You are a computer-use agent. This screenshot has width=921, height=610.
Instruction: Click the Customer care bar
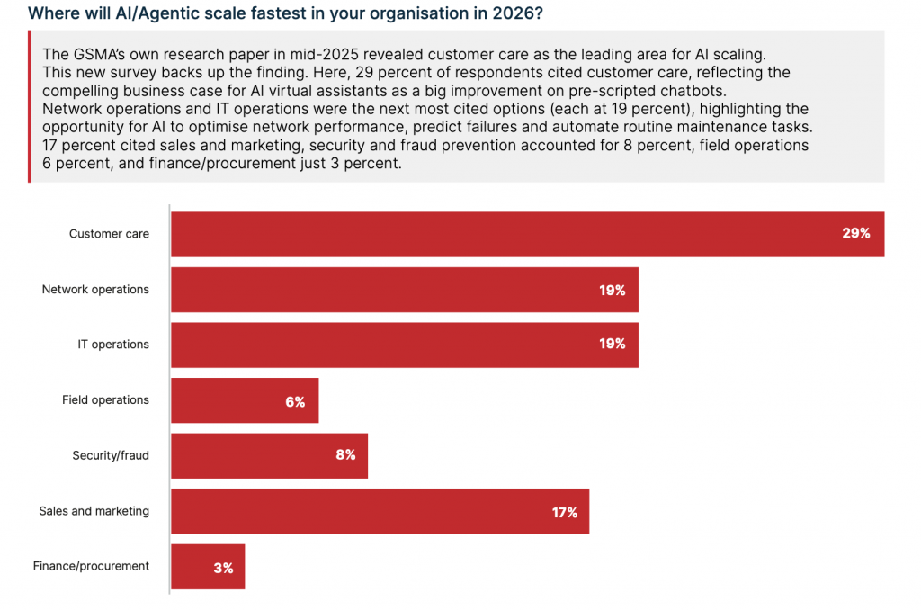(527, 234)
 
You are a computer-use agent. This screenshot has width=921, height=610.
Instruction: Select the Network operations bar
(404, 290)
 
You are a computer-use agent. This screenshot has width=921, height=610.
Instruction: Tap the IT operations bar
(404, 345)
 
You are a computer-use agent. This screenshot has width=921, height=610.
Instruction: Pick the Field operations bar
(244, 400)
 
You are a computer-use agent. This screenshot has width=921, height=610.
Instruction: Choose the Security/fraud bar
(269, 455)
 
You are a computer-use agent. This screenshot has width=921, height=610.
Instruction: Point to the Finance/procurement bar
(207, 567)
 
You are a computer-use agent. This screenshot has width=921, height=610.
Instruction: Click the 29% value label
(855, 234)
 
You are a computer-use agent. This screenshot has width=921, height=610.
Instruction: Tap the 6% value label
(295, 402)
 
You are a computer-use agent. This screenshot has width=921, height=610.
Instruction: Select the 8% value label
(345, 455)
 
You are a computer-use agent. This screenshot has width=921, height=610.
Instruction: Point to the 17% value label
(564, 513)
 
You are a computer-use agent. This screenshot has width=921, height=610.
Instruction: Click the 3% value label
(223, 568)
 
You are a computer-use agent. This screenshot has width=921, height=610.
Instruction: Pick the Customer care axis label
(109, 234)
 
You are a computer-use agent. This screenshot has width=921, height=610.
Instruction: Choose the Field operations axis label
(105, 400)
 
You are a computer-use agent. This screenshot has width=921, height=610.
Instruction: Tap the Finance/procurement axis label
(91, 567)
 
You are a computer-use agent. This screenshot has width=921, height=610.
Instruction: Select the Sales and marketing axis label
(94, 511)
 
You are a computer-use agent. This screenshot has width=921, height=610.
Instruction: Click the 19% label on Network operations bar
(613, 291)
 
